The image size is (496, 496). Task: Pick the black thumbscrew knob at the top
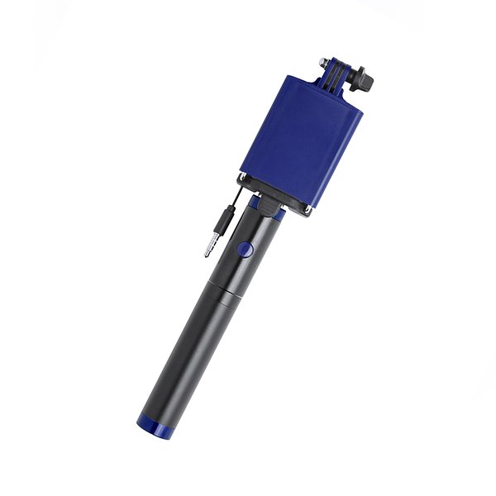(x=362, y=83)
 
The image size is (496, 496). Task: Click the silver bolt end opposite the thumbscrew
(x=322, y=61)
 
